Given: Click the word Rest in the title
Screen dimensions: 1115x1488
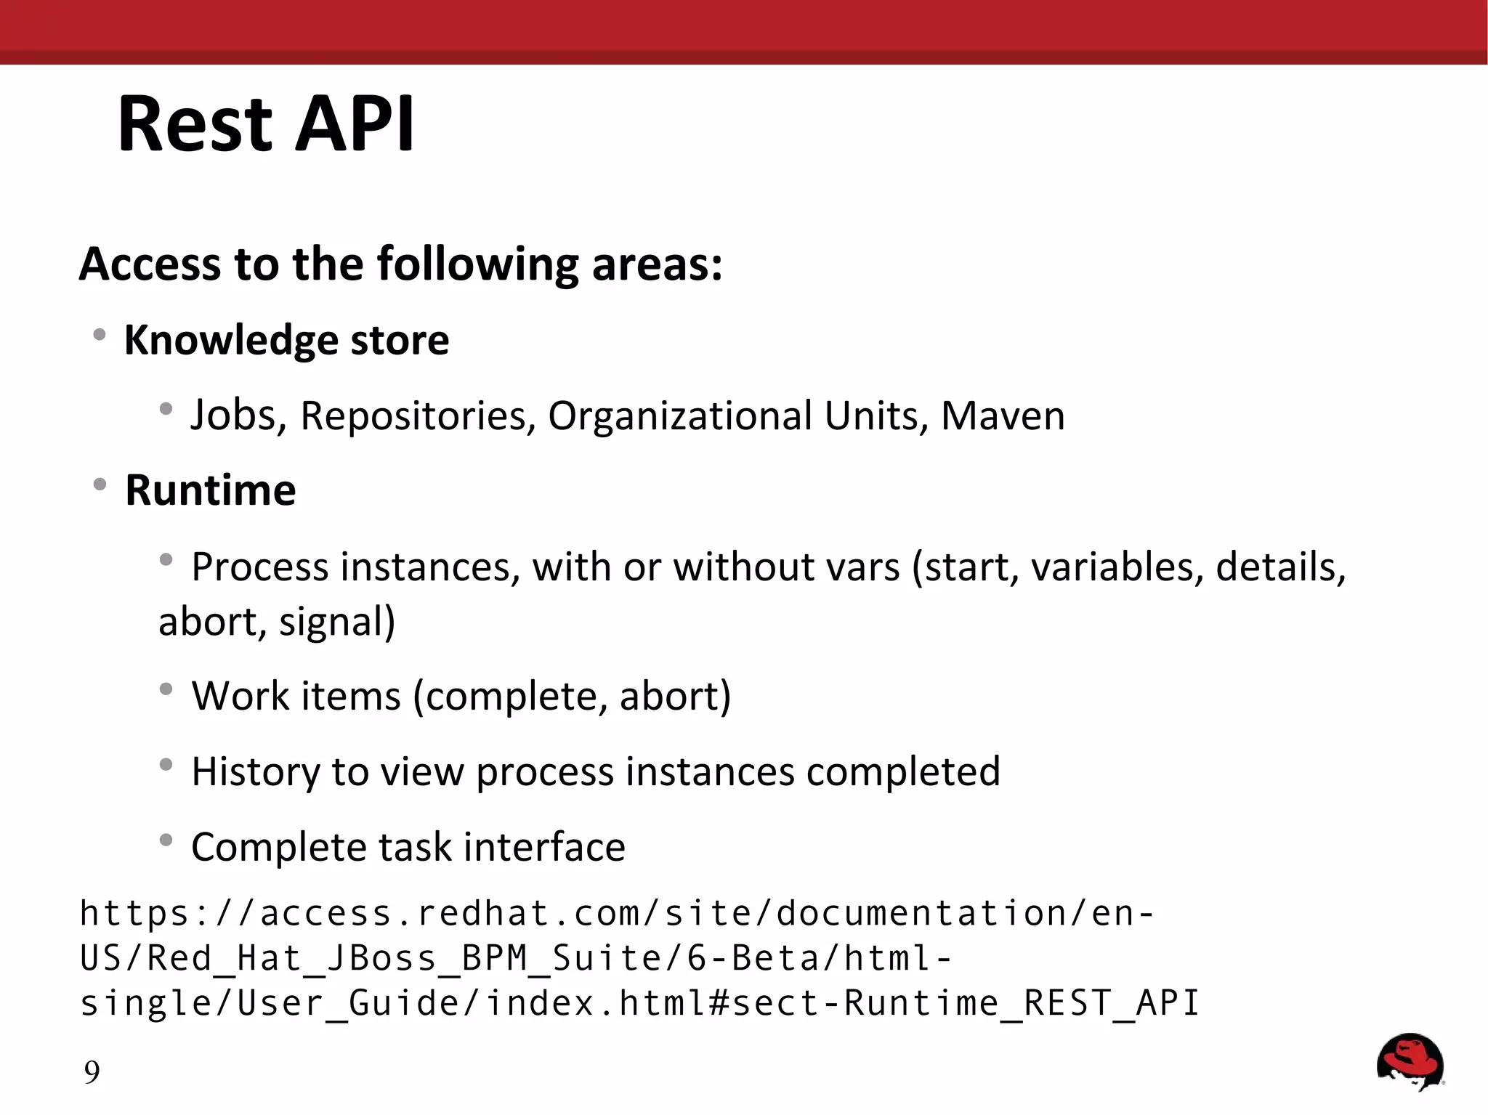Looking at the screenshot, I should tap(195, 124).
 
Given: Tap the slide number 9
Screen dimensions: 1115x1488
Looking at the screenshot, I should tap(92, 1072).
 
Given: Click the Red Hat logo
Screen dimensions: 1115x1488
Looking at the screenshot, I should tap(1410, 1061).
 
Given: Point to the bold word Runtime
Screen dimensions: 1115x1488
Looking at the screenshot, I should tap(211, 490).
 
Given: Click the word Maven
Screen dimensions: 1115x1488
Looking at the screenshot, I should tap(1003, 416).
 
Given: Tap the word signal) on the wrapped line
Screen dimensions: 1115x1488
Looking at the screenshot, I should tap(337, 623).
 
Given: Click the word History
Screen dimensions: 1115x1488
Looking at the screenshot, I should tap(255, 772).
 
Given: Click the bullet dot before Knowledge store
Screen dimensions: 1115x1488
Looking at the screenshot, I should tap(100, 335).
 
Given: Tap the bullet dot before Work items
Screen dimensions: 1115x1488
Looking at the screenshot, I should tap(166, 689).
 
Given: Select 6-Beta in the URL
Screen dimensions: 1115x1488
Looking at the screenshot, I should tap(753, 958).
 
